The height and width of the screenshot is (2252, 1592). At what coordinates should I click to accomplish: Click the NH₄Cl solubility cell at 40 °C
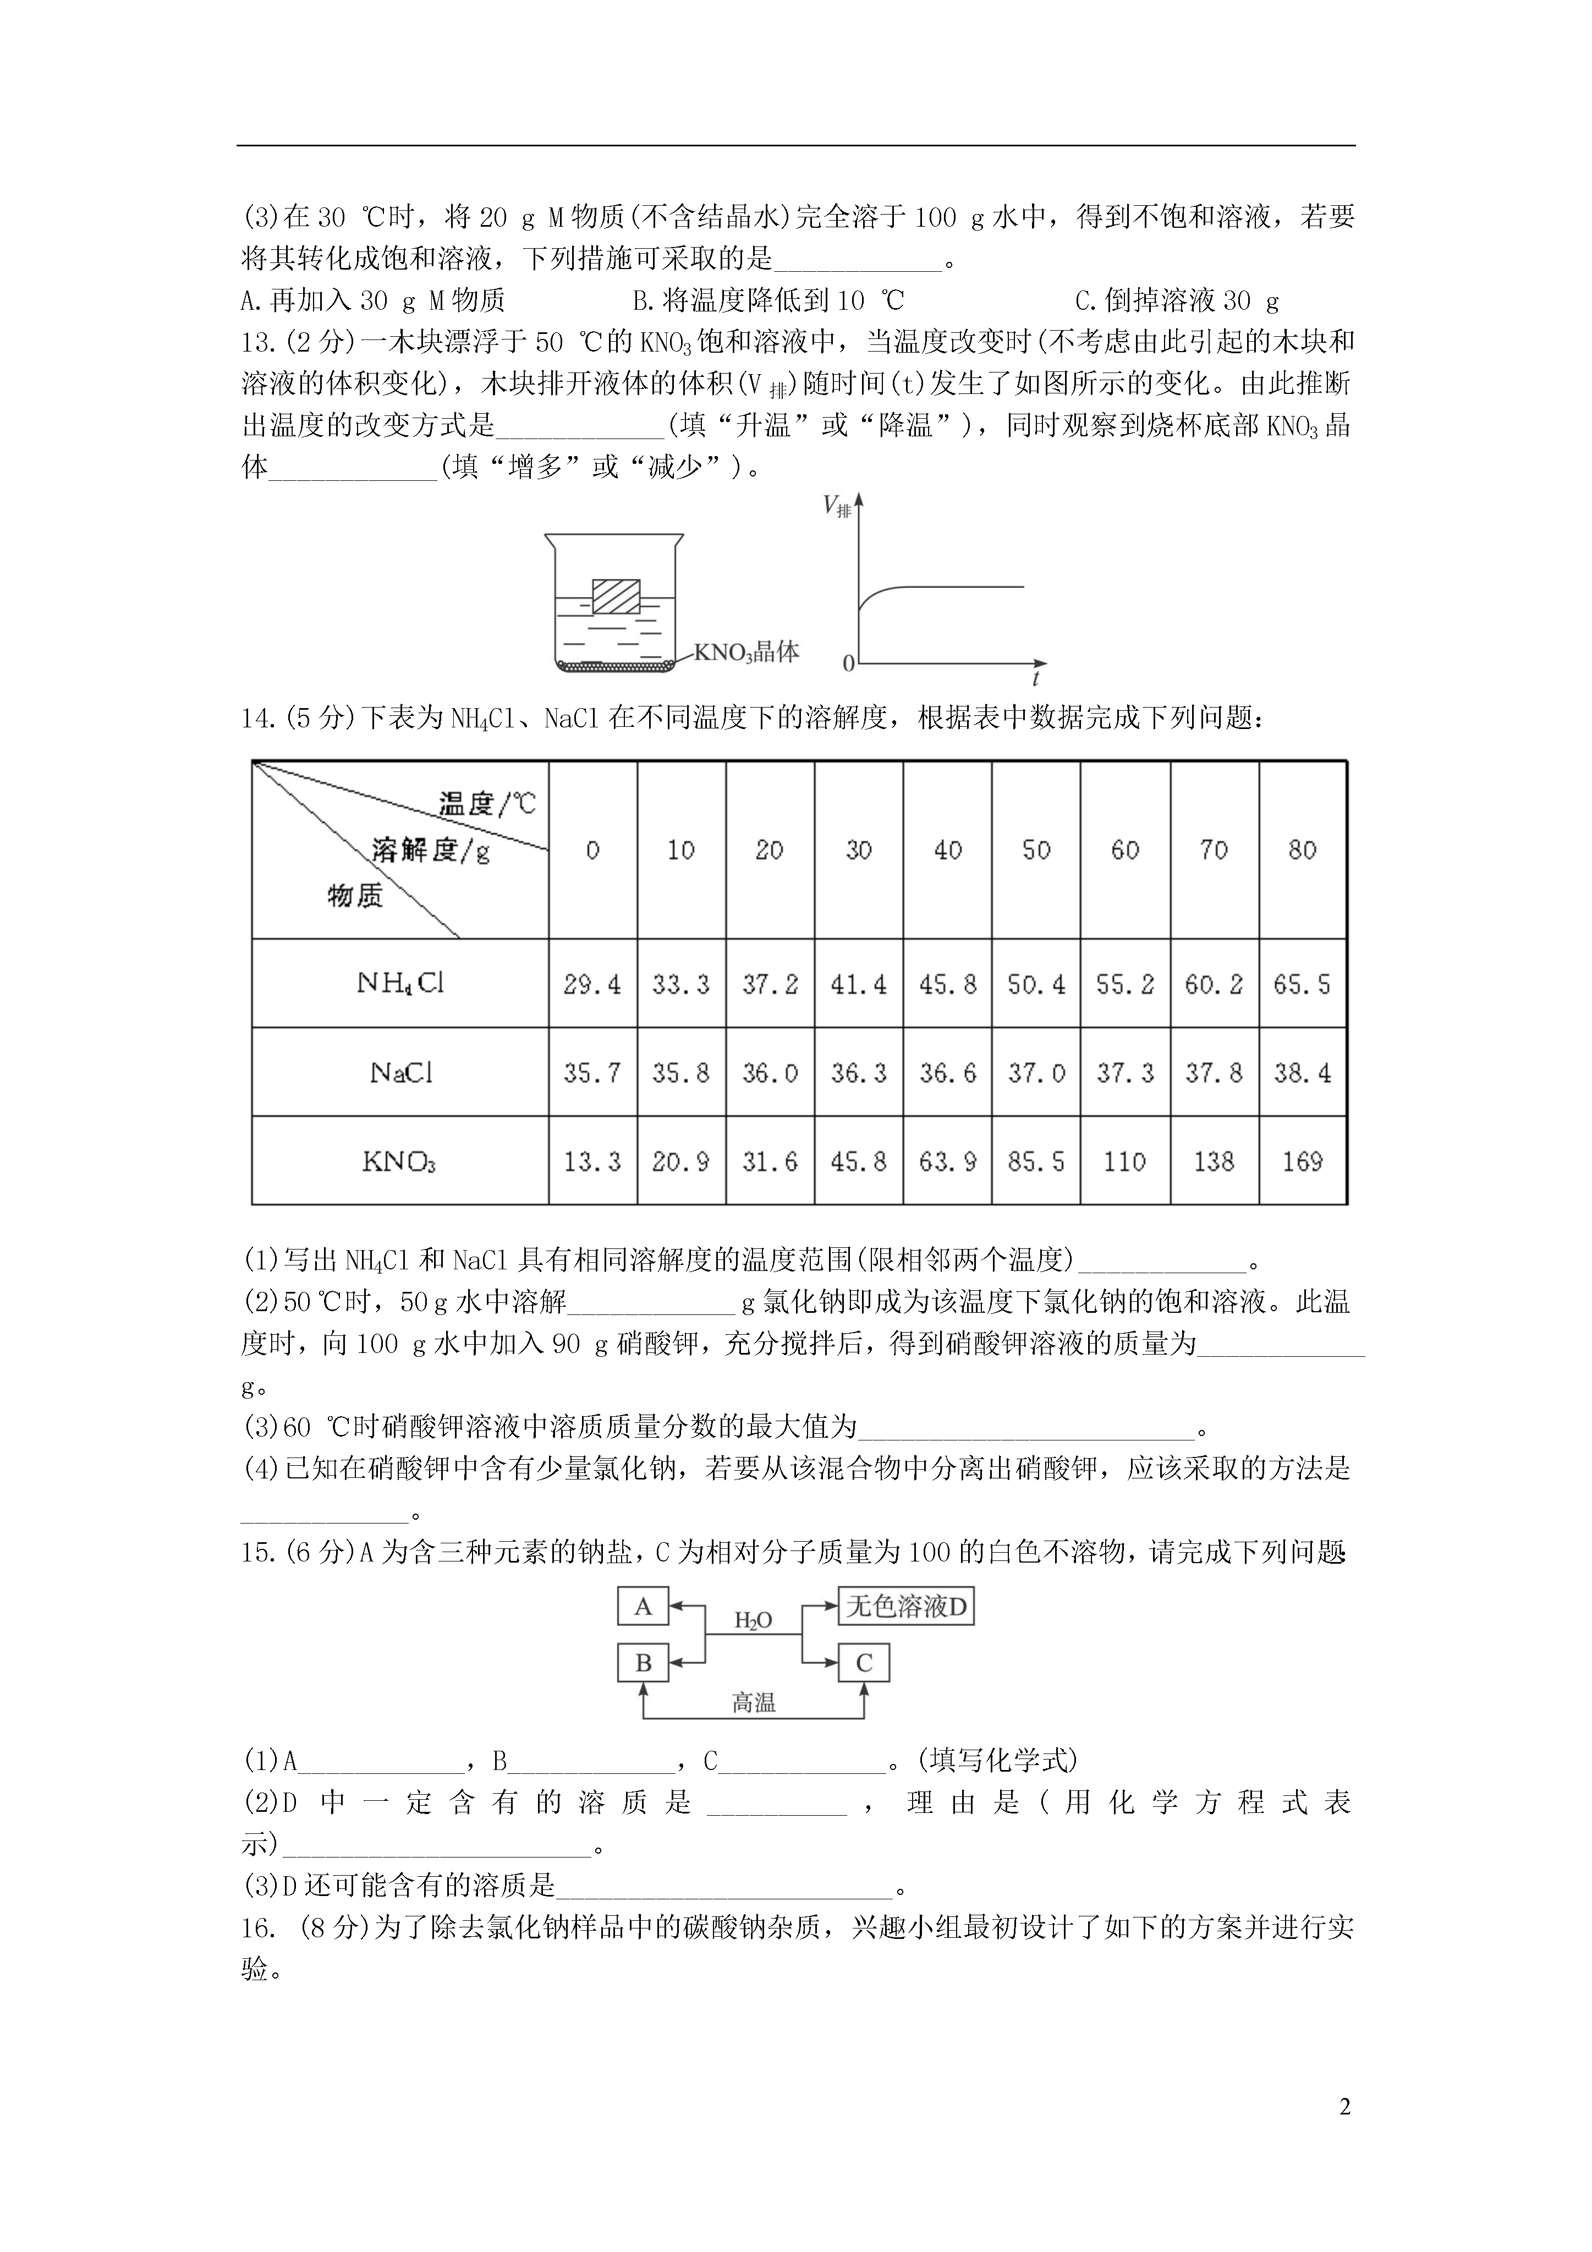(947, 984)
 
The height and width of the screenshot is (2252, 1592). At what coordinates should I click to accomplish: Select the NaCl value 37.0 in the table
(1036, 1073)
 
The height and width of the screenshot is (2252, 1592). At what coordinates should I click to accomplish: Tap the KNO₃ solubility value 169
(1302, 1161)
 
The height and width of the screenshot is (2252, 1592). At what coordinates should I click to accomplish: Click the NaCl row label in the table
(400, 1073)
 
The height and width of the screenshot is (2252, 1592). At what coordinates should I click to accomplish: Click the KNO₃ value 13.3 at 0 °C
(592, 1161)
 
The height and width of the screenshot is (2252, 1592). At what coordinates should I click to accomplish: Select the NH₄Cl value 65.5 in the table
(1302, 984)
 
